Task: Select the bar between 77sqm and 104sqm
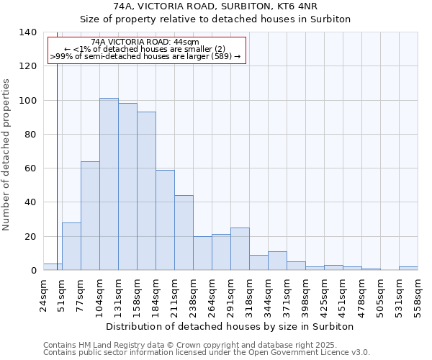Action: [x=90, y=216]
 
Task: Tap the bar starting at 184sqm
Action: [x=165, y=220]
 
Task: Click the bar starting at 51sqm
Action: [x=71, y=246]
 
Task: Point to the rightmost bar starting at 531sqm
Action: [x=408, y=269]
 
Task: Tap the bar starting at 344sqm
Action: [x=277, y=261]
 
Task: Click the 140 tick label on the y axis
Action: [x=27, y=32]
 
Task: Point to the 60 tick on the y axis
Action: [x=30, y=168]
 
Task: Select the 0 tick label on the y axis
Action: [x=33, y=271]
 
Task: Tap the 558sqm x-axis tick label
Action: [x=418, y=296]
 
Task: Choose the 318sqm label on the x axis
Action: [x=249, y=296]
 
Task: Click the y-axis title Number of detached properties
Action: [x=7, y=151]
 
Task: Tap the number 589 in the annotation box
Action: [x=220, y=56]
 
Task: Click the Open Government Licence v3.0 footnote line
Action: [x=207, y=353]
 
